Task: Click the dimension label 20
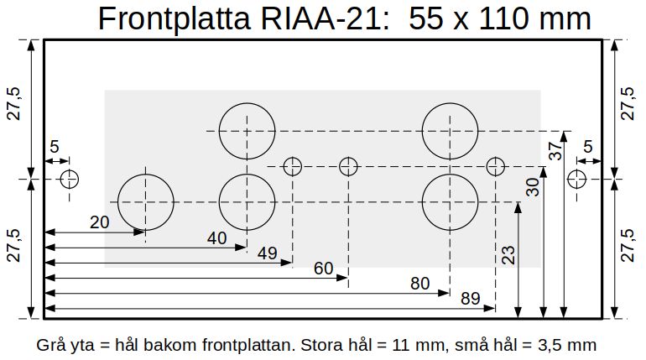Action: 99,222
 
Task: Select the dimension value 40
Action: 216,238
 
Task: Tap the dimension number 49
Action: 268,253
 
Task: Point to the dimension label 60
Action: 323,269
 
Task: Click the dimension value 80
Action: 419,284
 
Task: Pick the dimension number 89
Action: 471,299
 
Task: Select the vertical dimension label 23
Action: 508,255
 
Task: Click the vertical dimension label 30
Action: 533,187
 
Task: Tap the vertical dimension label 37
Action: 555,151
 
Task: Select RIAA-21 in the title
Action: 325,18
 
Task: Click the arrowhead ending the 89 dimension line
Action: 489,308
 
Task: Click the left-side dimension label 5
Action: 55,147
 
